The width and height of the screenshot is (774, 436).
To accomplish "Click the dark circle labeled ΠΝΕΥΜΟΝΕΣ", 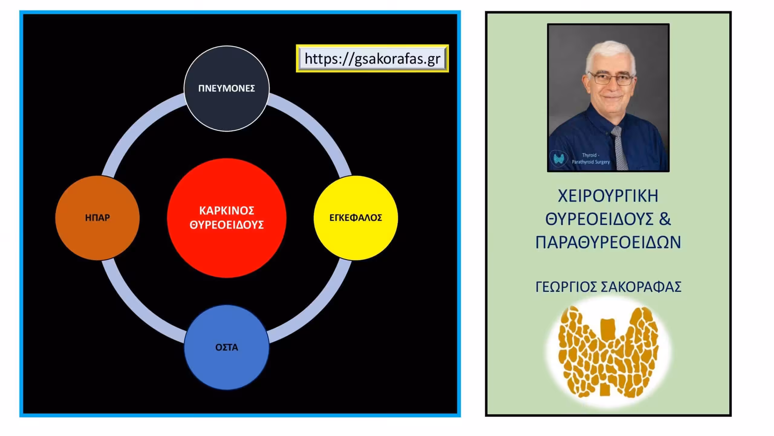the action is point(226,88).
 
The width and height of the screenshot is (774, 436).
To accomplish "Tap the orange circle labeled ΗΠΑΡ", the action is point(97,218).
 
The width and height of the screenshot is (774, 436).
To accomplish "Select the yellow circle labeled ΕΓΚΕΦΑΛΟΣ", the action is point(356,218).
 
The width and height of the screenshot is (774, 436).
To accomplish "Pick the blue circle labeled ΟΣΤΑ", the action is point(226,347).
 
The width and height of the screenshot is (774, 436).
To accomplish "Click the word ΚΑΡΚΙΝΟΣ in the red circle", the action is point(226,210).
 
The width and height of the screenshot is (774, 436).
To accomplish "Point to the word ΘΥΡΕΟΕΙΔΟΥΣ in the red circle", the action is point(226,225).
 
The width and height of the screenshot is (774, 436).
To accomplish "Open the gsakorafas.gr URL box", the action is point(372,58).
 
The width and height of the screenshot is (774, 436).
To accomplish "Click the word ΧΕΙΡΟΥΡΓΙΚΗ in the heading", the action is point(608,196).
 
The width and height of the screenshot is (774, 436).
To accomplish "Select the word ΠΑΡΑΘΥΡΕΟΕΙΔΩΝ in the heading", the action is point(608,242).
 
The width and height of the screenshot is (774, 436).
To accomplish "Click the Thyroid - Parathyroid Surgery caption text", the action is point(590,159).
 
